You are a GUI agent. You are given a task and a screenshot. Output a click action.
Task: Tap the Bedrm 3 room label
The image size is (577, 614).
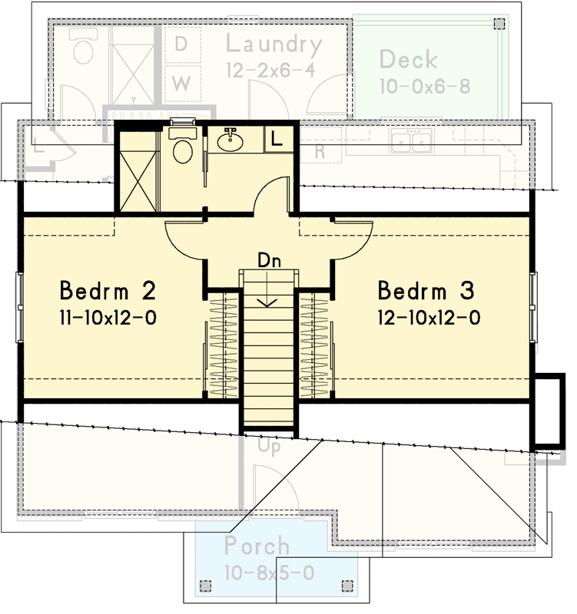coord(426,292)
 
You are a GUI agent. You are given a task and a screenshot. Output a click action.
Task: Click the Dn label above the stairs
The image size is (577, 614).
coord(269,259)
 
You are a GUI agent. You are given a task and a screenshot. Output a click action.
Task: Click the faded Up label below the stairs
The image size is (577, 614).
coord(268,446)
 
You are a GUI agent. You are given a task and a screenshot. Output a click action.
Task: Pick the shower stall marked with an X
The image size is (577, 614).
coord(137,170)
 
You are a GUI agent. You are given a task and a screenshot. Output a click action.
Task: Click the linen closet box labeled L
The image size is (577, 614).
coord(276,139)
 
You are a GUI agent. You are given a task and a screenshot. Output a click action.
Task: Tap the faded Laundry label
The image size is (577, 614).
coord(274,45)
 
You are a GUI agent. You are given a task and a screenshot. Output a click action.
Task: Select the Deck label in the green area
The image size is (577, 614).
coord(408,59)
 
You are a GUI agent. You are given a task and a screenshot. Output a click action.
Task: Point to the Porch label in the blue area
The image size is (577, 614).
coord(257,546)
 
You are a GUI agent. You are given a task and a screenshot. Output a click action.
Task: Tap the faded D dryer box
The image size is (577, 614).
coord(181,45)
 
